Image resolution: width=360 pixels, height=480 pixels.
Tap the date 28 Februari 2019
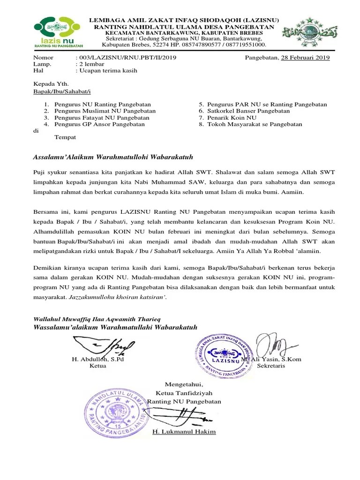[x=305, y=58]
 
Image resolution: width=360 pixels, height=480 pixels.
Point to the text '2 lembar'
[x=93, y=64]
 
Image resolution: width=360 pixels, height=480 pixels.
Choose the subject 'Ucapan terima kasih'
[x=108, y=71]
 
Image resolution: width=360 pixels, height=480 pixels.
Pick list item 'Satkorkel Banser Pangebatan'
[x=249, y=111]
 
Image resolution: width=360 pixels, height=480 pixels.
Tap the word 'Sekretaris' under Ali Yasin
[x=271, y=366]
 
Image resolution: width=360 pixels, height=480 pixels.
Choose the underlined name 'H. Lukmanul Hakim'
[x=184, y=432]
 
